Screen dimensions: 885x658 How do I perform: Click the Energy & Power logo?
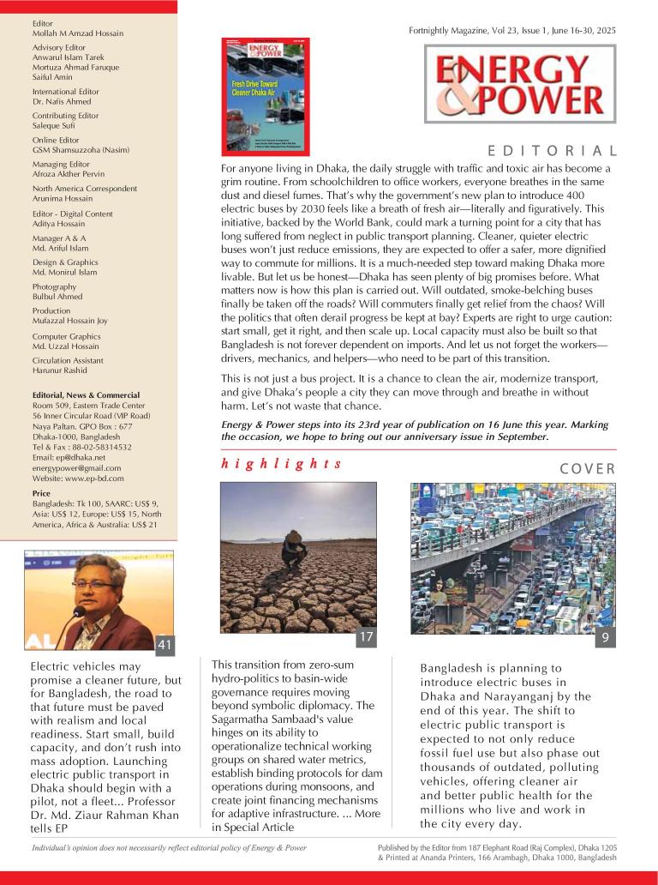point(520,84)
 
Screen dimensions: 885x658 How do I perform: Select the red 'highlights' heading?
point(282,464)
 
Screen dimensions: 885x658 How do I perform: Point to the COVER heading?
point(588,469)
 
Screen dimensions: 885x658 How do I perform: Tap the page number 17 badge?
point(366,637)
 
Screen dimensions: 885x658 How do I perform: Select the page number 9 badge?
point(605,638)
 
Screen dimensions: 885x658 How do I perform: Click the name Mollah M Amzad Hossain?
point(78,33)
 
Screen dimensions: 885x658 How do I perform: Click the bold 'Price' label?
point(41,494)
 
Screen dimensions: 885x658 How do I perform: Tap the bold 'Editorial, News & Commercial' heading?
point(86,395)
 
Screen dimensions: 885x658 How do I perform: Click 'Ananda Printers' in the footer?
point(453,858)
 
